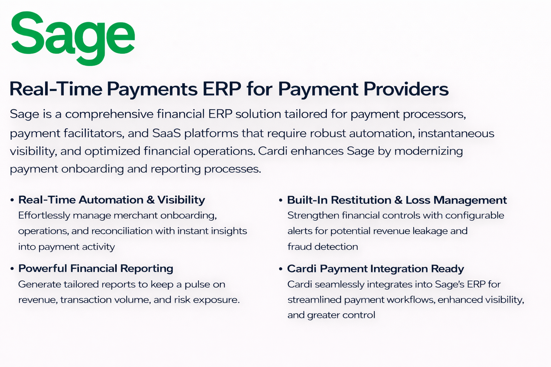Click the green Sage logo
click(73, 38)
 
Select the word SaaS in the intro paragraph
click(166, 133)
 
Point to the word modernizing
click(429, 151)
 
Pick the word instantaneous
click(456, 133)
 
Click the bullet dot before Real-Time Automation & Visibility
click(12, 200)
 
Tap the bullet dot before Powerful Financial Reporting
click(12, 269)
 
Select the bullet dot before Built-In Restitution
click(281, 200)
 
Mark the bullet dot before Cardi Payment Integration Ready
click(281, 269)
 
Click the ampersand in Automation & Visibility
click(151, 200)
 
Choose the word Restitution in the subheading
click(361, 200)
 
